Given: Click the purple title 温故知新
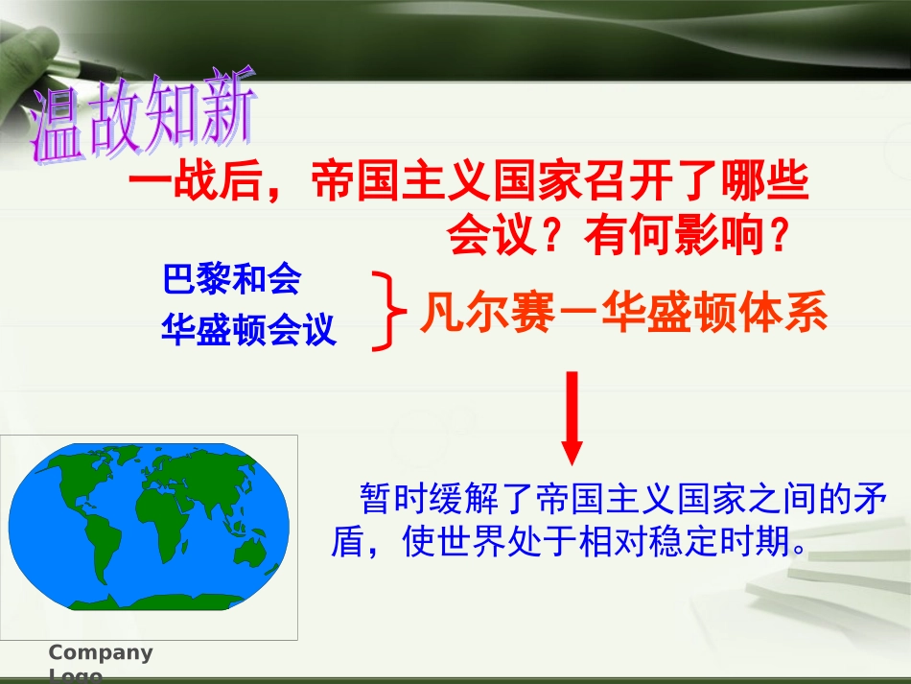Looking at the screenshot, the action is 142,115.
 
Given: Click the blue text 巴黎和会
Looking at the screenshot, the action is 232,279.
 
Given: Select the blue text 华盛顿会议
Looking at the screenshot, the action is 248,329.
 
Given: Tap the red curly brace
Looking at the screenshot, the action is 388,311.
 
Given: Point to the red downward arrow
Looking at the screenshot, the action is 572,418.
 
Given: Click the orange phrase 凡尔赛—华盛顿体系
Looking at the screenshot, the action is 624,312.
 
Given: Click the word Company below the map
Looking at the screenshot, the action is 101,652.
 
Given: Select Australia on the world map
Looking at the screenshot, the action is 251,552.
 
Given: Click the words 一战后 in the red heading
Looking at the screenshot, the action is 196,180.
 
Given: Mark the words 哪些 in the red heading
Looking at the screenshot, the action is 765,180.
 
